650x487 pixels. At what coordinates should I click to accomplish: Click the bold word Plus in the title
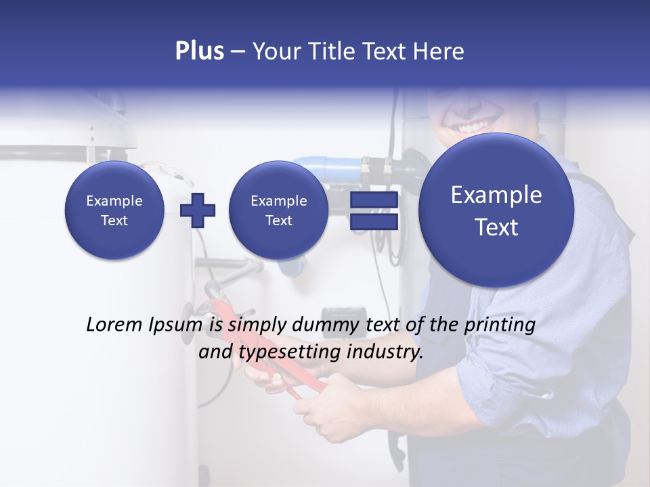[x=199, y=51]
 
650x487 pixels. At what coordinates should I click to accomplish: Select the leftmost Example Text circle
[x=114, y=210]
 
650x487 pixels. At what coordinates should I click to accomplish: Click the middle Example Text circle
[x=278, y=210]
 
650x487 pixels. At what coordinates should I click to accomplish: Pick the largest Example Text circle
[x=496, y=210]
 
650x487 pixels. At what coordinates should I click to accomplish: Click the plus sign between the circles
[x=197, y=210]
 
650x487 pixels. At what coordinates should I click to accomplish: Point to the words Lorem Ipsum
[x=144, y=325]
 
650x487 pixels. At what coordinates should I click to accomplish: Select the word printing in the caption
[x=499, y=325]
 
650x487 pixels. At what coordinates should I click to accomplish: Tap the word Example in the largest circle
[x=496, y=195]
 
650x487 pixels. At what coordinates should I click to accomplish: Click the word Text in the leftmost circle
[x=114, y=221]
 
